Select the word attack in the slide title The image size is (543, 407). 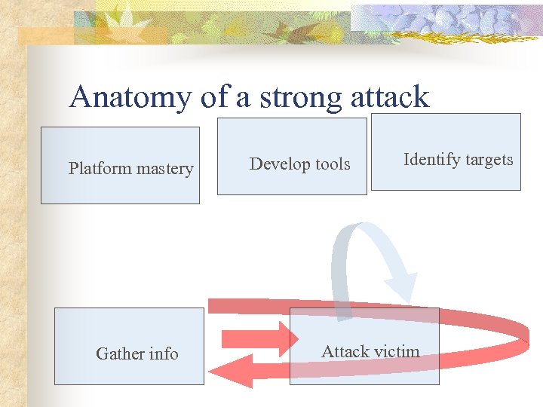tap(388, 97)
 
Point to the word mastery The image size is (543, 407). tap(164, 169)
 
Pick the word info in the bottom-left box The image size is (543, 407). tap(164, 353)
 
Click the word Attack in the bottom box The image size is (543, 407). tap(345, 351)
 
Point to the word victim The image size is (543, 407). tap(397, 351)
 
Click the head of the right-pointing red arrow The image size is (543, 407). tap(287, 338)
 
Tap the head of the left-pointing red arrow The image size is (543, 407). tap(222, 371)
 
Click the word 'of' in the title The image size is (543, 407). tap(209, 97)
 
